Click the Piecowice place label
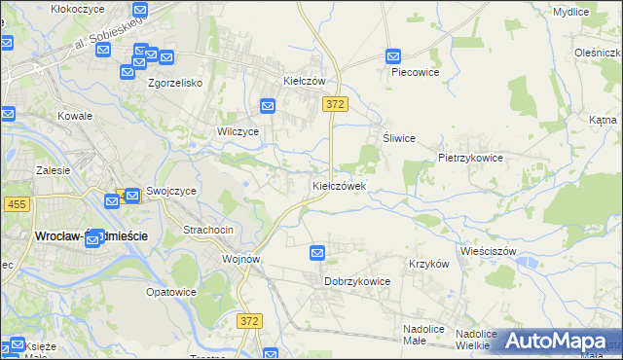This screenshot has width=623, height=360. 416,72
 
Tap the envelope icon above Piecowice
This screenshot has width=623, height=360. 394,56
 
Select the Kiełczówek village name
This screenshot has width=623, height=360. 339,185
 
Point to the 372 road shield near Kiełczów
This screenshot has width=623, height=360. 335,103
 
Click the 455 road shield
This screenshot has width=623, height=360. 16,203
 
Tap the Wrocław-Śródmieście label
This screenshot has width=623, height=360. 76,236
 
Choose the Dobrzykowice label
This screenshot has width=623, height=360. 357,281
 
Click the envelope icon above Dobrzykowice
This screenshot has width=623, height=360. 317,253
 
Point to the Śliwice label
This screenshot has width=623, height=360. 399,138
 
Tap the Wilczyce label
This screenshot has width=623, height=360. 238,130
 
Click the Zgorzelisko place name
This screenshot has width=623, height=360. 174,84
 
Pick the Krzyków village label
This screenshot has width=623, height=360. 428,264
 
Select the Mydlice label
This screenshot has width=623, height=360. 570,12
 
